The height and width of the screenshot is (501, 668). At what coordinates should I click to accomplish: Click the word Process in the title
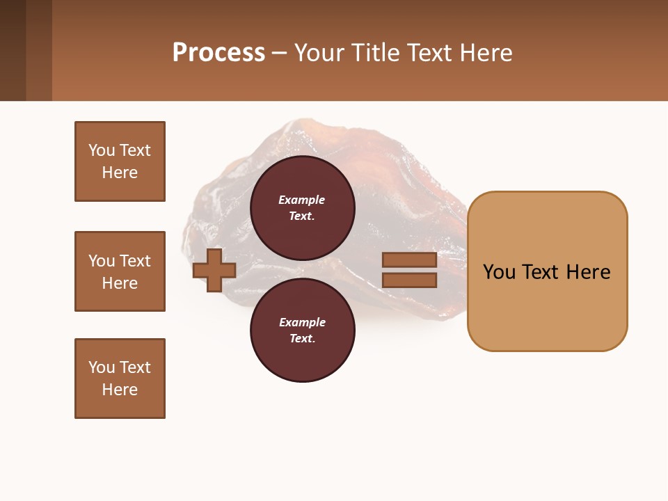(218, 53)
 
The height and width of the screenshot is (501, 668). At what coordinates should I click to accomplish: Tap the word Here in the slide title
(483, 53)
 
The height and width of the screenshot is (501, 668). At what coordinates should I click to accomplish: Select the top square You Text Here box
(120, 161)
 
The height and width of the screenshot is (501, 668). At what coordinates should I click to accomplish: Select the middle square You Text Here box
(120, 271)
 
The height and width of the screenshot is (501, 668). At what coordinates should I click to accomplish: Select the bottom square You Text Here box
(120, 379)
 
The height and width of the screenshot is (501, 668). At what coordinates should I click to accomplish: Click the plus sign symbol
(214, 271)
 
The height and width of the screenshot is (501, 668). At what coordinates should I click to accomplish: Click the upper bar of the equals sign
(409, 260)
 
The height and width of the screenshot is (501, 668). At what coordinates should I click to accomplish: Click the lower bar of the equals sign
(409, 280)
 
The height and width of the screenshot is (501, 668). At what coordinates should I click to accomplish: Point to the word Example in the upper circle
(302, 200)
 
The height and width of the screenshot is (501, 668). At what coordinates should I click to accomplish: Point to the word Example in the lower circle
(302, 322)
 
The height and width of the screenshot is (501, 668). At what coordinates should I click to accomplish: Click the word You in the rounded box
(500, 272)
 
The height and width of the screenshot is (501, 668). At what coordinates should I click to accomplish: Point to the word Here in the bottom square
(120, 390)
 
